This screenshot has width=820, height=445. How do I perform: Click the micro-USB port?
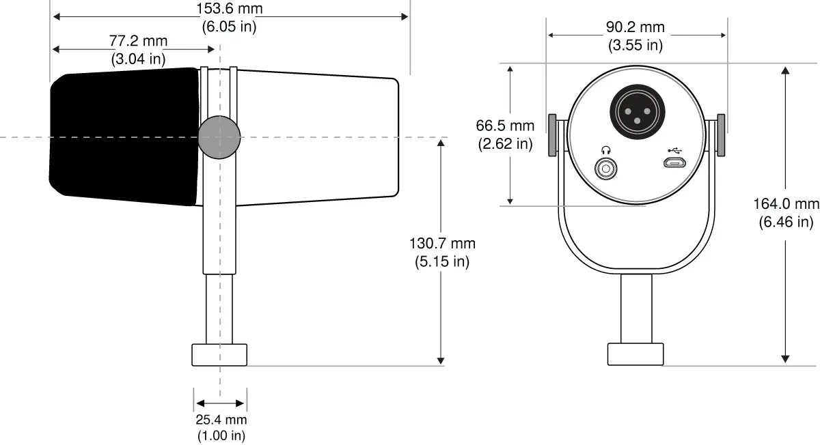tap(675, 163)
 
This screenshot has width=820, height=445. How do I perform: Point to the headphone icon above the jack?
tap(605, 149)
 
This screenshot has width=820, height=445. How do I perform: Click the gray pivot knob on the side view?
tap(219, 137)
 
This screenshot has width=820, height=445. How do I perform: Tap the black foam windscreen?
tap(123, 137)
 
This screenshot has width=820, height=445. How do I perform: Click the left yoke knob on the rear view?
tap(553, 134)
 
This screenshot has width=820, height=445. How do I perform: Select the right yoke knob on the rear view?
tap(720, 134)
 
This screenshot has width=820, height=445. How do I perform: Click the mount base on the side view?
tap(219, 355)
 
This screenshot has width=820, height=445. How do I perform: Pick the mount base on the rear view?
tap(635, 354)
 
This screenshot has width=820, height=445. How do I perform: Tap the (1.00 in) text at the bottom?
tap(221, 435)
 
